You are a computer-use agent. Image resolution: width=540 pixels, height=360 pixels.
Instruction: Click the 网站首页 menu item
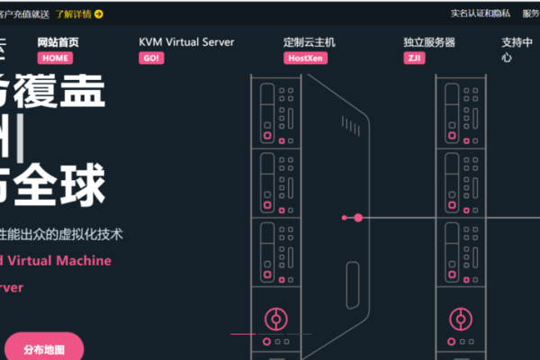(x=58, y=42)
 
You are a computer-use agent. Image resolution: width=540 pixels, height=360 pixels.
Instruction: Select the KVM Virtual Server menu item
(x=186, y=42)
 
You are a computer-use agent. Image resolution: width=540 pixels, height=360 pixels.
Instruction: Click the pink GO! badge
(x=151, y=58)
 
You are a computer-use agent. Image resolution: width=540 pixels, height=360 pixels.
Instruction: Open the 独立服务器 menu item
(x=429, y=42)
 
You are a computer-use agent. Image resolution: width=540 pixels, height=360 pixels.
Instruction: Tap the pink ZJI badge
(x=415, y=58)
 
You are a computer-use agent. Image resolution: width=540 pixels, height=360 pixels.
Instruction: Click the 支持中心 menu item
(x=512, y=49)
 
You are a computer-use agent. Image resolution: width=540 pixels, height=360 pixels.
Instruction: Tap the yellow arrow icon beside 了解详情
(x=98, y=13)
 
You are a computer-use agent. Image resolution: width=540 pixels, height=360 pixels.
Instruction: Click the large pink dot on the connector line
(x=358, y=218)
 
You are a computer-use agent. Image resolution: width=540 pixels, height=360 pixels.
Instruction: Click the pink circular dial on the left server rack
(x=274, y=318)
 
